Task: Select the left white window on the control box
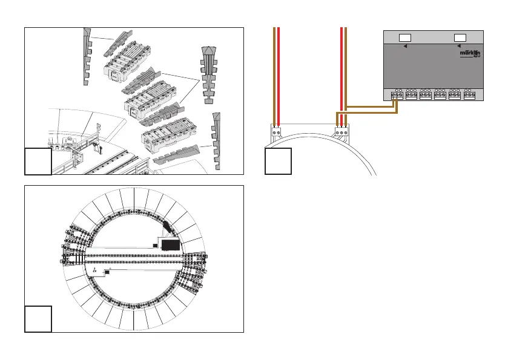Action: click(405, 38)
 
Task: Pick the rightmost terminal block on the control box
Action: click(469, 95)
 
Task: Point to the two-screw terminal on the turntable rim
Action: click(277, 131)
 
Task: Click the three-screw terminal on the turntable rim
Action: click(342, 131)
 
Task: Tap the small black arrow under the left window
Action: click(404, 46)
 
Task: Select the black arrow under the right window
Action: click(459, 46)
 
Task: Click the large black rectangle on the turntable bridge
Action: click(170, 244)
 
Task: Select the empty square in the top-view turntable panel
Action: click(38, 319)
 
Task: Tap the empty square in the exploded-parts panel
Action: click(38, 161)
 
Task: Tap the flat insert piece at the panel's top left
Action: click(88, 53)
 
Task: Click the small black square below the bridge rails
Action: click(107, 273)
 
